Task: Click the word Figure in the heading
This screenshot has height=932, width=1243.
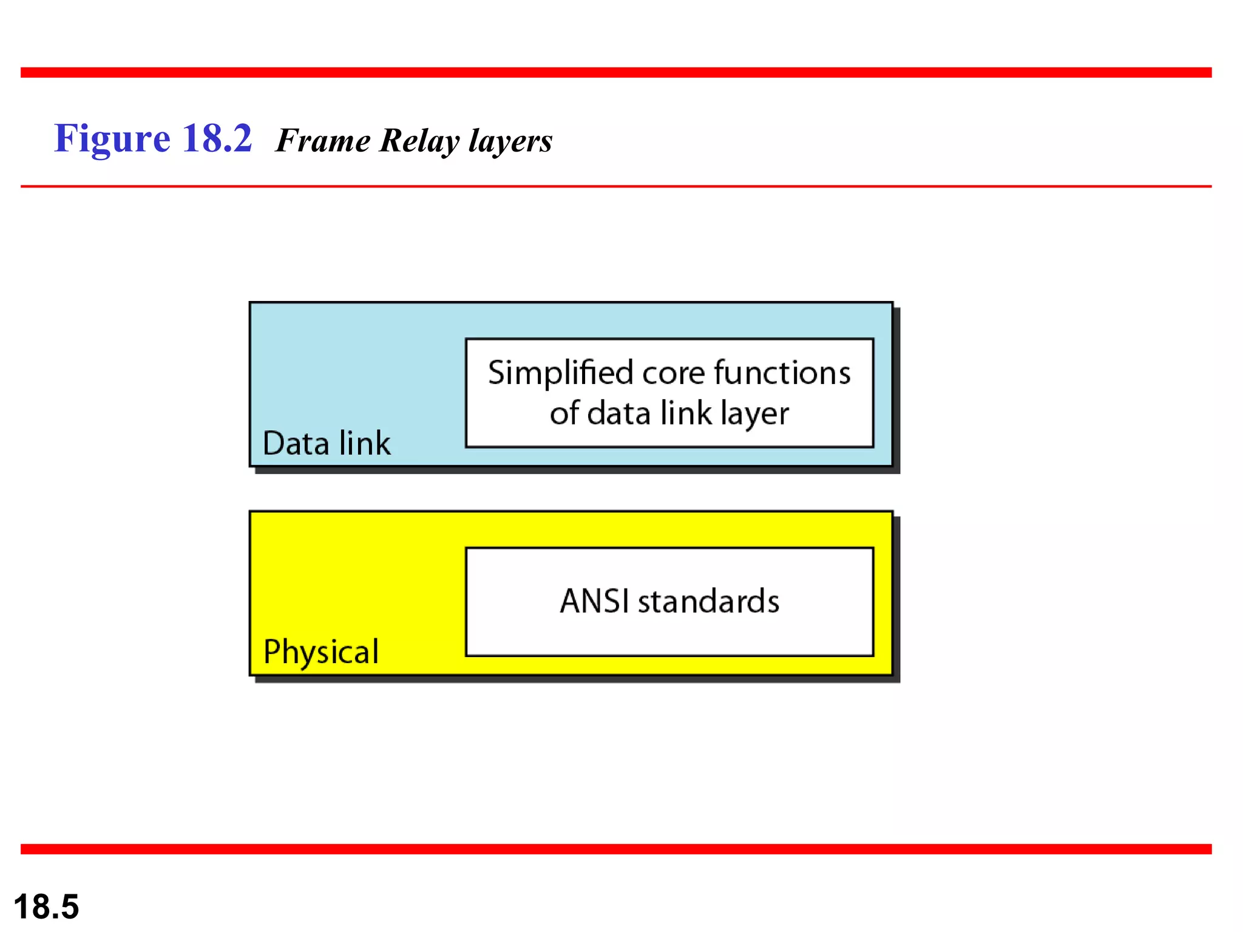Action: pos(112,140)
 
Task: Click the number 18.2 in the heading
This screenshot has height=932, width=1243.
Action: pos(217,138)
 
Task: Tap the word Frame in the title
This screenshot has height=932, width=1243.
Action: pos(323,141)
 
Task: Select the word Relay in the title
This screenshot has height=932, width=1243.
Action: pos(419,141)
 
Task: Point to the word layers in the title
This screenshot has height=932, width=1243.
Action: pos(510,141)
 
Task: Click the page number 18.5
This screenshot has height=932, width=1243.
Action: pos(46,907)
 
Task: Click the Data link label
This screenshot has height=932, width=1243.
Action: pos(327,443)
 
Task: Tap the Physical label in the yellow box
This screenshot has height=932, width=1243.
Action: pos(321,652)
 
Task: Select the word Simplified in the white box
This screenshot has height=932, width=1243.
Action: pos(561,373)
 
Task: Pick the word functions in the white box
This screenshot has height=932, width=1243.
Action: pos(782,373)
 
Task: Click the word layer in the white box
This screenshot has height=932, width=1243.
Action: pos(755,414)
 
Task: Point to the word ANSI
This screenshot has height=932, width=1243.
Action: pos(594,601)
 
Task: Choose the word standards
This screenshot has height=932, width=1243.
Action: pos(708,601)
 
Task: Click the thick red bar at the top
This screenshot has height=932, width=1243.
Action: pos(616,73)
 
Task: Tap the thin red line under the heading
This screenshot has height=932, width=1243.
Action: pos(616,186)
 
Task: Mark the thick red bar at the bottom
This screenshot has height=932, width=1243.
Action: pos(616,849)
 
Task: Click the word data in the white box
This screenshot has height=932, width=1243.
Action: pos(619,413)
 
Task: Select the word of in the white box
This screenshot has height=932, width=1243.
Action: pos(564,413)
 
